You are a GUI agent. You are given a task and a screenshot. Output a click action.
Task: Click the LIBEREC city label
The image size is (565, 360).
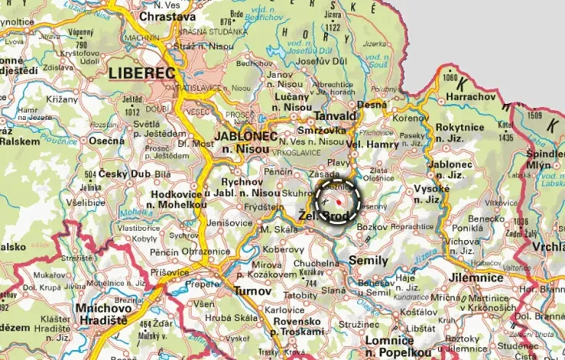[143, 73]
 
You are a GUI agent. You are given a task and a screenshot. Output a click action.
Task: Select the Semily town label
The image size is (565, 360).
[369, 261]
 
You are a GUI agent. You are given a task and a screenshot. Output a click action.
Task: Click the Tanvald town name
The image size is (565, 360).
[336, 116]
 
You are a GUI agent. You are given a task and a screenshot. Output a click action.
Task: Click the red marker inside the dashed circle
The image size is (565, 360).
[337, 200]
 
